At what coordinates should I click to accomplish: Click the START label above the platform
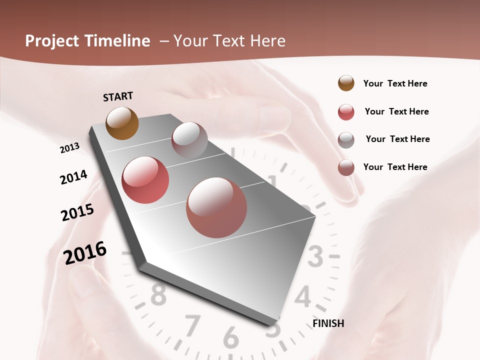tap(118, 96)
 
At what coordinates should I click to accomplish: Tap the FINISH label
tap(328, 323)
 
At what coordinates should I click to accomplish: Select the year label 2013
tap(70, 148)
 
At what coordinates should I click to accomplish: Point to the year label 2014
tap(74, 177)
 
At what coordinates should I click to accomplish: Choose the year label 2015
tap(77, 212)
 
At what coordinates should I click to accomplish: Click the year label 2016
tap(85, 253)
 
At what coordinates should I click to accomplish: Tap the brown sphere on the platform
tap(122, 123)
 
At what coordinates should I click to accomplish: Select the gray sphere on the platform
tap(189, 140)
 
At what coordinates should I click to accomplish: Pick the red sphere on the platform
tap(145, 180)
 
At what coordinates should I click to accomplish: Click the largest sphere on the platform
tap(216, 207)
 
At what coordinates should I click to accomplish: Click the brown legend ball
tap(346, 83)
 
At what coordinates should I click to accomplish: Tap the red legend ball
tap(346, 112)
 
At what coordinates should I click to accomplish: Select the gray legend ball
tap(346, 140)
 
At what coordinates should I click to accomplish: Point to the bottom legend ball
tap(346, 167)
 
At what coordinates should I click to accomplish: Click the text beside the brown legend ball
tap(395, 83)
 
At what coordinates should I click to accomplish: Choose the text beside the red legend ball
tap(396, 111)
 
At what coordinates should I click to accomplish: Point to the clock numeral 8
tap(158, 295)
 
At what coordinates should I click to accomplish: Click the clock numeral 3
tap(315, 257)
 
